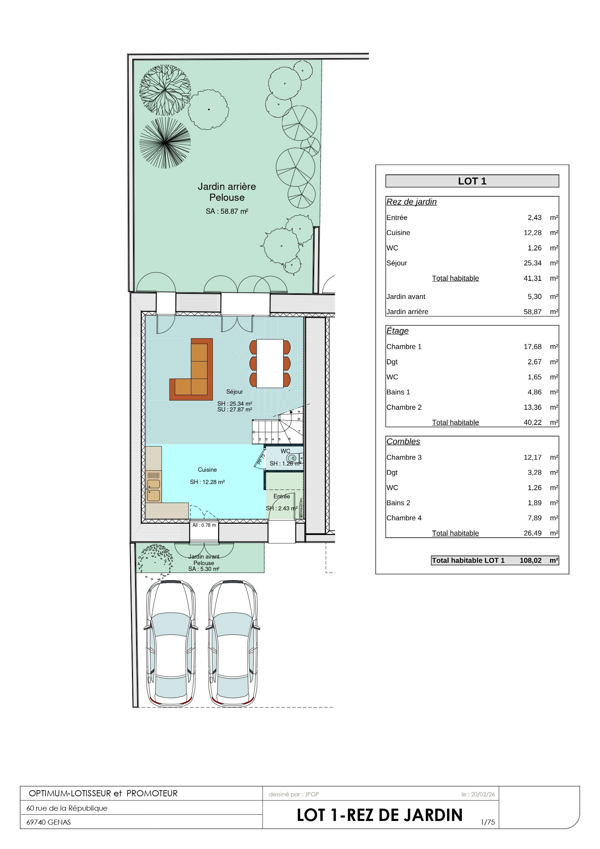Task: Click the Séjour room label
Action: [235, 392]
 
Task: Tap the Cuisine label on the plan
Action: [207, 470]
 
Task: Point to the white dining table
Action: [270, 363]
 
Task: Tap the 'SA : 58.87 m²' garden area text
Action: [227, 211]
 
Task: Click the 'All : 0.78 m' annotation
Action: [204, 525]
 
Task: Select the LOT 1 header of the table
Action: [472, 181]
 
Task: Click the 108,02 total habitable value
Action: [531, 560]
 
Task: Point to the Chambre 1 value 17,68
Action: [532, 347]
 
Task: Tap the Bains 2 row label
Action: [398, 503]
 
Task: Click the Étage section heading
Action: [397, 331]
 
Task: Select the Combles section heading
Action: [403, 442]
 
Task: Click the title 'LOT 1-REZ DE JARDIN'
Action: [380, 815]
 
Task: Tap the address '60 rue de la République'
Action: [67, 808]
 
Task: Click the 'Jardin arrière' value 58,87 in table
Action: [532, 312]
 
